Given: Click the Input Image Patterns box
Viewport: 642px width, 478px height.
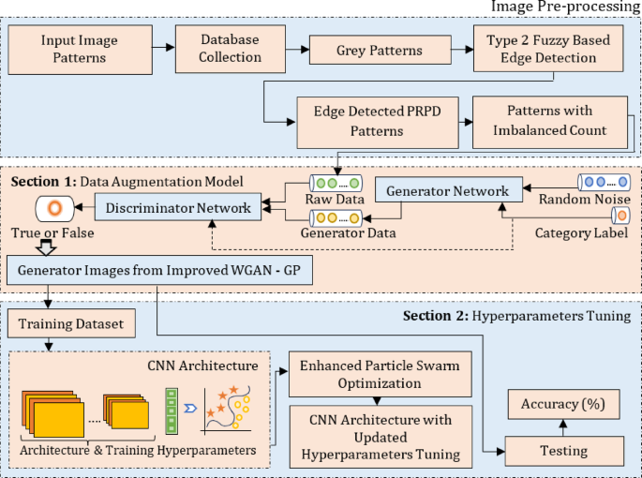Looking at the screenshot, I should click(x=79, y=50).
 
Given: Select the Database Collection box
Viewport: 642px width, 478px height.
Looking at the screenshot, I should click(x=230, y=50).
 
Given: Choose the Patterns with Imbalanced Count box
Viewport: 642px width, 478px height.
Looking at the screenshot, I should click(x=549, y=123).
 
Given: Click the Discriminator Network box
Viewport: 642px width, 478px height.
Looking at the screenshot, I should click(x=178, y=208).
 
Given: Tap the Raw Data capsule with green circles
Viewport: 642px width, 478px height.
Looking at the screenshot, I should click(x=336, y=184).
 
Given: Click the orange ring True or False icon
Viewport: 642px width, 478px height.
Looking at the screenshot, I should click(x=53, y=207).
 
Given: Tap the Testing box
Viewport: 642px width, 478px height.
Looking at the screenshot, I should click(x=563, y=450).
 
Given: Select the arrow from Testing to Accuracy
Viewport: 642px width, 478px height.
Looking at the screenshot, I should click(x=563, y=427).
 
